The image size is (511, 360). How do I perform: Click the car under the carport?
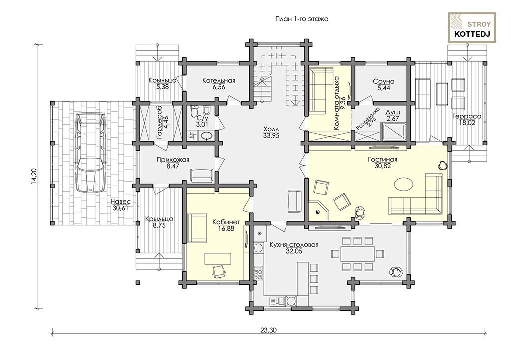91,153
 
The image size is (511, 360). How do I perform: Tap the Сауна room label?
384,81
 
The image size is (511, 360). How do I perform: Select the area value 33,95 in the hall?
271,136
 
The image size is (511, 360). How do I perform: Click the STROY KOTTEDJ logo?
472,28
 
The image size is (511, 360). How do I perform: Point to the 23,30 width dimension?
268,330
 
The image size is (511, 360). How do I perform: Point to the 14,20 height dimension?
34,176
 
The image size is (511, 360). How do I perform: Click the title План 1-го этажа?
302,19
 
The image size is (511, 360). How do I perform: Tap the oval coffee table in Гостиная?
405,184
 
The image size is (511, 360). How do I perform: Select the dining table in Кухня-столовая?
358,254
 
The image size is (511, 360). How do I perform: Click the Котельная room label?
219,80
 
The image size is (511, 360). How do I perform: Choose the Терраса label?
467,116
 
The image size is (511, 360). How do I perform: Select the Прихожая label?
173,160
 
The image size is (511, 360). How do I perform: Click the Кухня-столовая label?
294,245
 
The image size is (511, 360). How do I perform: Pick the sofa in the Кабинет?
197,228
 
